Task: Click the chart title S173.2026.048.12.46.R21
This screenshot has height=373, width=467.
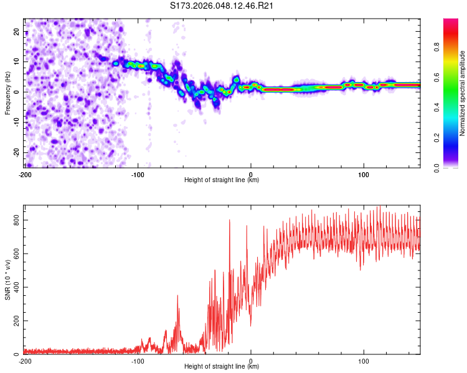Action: (x=222, y=6)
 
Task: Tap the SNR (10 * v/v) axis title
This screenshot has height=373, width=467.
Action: (x=7, y=280)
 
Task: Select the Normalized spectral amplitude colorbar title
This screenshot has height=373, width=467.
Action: (x=463, y=94)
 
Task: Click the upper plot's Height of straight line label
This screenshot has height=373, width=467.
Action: (x=222, y=180)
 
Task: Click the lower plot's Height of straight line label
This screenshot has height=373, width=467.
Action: (x=222, y=366)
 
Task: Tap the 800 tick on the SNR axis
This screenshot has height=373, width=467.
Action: (x=15, y=220)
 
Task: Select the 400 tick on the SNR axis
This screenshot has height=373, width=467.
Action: (x=15, y=287)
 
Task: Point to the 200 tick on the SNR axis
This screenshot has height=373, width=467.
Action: (x=15, y=321)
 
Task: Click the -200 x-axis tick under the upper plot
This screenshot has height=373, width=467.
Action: (x=25, y=173)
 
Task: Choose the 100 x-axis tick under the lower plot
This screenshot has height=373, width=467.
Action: (x=364, y=360)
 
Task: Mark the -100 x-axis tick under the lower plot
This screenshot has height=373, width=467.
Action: (x=138, y=360)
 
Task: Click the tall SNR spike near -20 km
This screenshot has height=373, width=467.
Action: (x=229, y=221)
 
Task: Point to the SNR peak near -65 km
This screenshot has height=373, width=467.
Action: (x=177, y=297)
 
